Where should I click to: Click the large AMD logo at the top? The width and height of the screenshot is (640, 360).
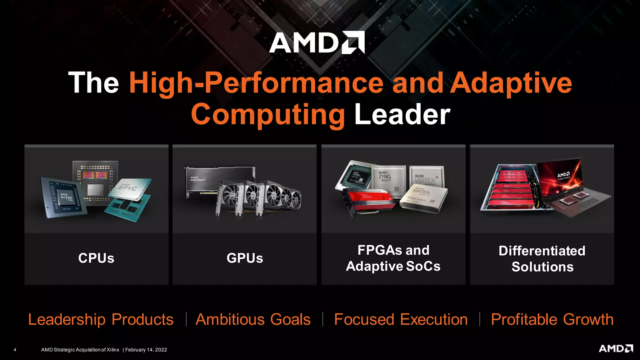coord(317,42)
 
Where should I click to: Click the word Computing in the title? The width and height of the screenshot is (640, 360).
coord(268,115)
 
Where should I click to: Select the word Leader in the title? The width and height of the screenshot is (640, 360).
coord(402,115)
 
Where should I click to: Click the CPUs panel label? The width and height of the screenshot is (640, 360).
coord(96,258)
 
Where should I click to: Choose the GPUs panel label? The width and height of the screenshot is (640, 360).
coord(245,258)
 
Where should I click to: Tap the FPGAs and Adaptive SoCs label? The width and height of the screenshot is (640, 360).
coord(393,258)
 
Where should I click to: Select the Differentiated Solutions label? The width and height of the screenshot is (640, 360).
coord(542,259)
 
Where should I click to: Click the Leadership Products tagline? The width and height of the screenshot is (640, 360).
coord(101,319)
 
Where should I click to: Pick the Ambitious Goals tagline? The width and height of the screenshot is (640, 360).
coord(253,319)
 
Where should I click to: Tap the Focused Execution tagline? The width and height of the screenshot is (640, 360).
coord(401,319)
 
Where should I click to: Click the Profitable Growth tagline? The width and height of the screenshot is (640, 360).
coord(552,319)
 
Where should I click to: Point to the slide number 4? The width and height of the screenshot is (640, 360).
coord(15,350)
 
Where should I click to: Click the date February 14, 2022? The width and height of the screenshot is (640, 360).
coord(146,350)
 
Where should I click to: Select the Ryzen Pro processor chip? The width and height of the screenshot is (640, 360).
coord(64,197)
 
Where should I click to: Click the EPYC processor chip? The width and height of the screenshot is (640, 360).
coord(130,188)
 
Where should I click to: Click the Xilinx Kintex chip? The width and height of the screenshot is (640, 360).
coord(423,195)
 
